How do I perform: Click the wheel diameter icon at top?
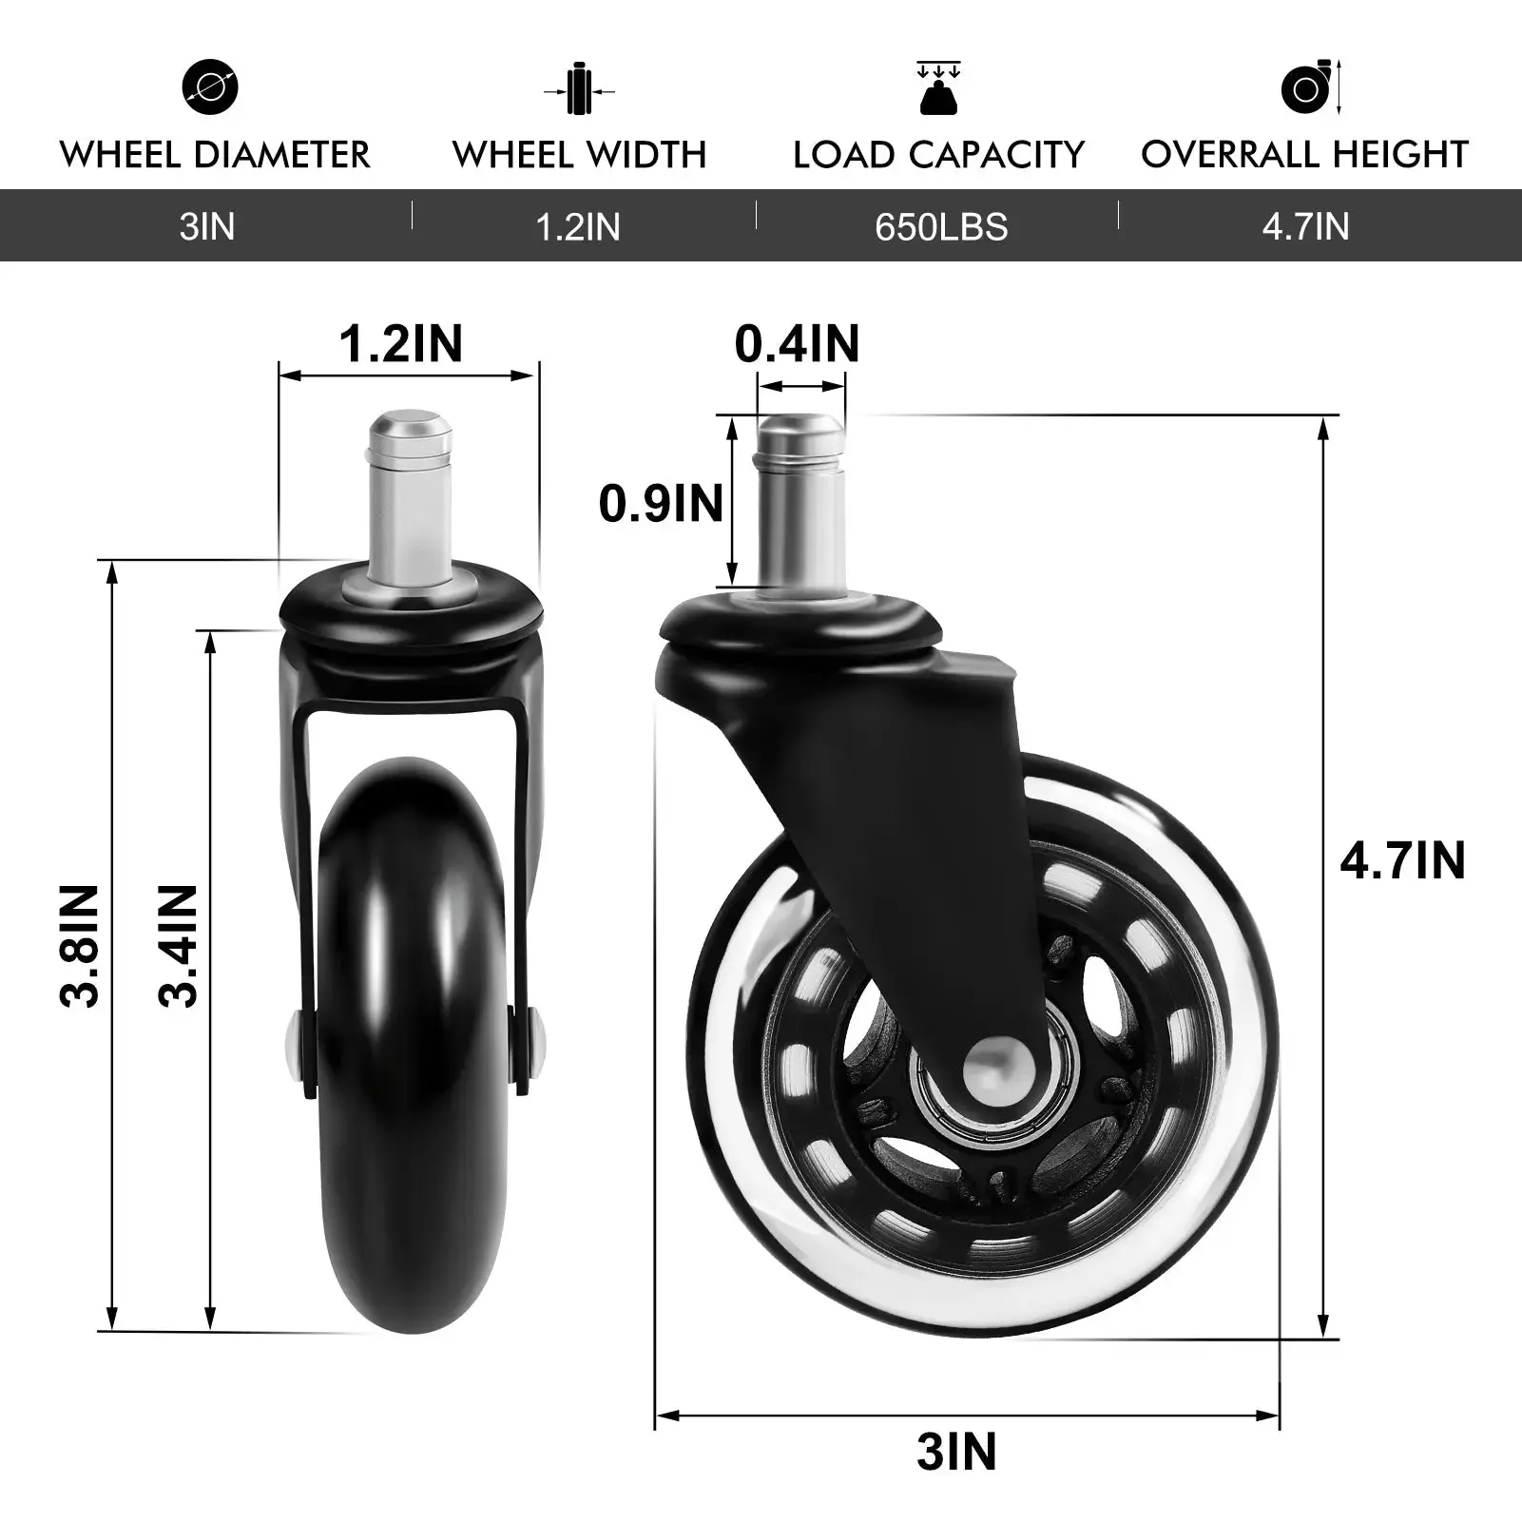point(210,87)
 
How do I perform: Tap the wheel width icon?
point(579,90)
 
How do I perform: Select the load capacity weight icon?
point(938,88)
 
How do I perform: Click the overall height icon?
point(1309,88)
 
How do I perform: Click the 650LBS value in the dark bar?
point(940,227)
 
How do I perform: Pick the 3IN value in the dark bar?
point(206,227)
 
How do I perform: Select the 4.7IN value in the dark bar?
point(1304,227)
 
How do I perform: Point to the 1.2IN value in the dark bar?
point(577,227)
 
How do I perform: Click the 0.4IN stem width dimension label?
point(797,344)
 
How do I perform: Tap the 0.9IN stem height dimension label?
point(661,503)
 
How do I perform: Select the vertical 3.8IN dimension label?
point(80,945)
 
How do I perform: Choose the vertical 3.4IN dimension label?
point(179,945)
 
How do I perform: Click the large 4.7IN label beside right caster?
point(1402,860)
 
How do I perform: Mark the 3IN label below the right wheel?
point(956,1452)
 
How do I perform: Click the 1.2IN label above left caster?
point(400,343)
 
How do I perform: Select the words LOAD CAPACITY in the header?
point(938,155)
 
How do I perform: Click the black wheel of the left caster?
point(411,1046)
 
